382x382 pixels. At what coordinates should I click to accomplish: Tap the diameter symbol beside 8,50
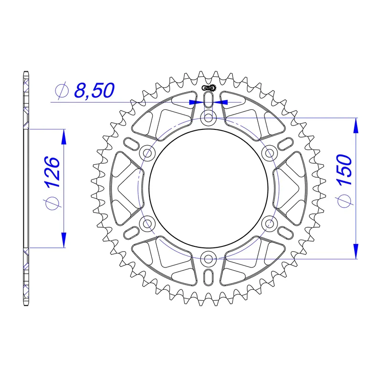tap(62, 90)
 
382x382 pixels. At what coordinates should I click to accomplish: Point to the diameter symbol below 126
tap(53, 203)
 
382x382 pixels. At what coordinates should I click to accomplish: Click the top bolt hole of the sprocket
tap(209, 117)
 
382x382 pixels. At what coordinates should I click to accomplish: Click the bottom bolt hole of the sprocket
tap(209, 259)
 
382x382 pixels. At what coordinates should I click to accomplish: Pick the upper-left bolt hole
tap(148, 153)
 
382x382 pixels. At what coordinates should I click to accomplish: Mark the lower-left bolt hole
tap(148, 223)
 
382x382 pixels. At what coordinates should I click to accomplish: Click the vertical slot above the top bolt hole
tap(209, 100)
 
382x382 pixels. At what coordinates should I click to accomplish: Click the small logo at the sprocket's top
tap(209, 87)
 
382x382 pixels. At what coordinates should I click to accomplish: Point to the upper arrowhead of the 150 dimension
tap(355, 125)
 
